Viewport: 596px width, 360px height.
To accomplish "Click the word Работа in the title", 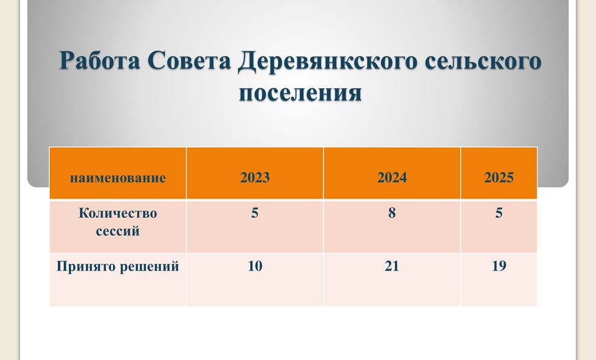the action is [x=99, y=61].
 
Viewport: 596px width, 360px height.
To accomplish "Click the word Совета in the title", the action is [x=189, y=61].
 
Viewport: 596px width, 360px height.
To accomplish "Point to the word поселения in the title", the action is [x=300, y=92].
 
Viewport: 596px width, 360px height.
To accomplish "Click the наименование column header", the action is [x=118, y=178].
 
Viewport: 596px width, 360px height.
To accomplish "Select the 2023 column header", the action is [x=255, y=178].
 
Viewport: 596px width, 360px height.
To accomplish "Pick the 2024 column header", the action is [x=392, y=178].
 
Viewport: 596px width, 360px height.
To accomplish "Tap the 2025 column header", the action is [x=499, y=178].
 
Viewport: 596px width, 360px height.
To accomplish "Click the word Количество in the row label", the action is [x=118, y=213].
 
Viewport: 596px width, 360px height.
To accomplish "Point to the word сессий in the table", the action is [x=118, y=231].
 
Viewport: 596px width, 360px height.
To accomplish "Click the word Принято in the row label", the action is [x=86, y=266].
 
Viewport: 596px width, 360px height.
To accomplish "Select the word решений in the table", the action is [x=150, y=266].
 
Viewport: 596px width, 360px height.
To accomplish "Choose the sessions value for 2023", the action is [x=255, y=213].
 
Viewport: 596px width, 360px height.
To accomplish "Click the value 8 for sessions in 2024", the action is [x=392, y=213].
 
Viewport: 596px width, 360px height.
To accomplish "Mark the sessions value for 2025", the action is [x=499, y=213].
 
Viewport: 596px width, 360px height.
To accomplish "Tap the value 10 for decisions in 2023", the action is [x=255, y=266].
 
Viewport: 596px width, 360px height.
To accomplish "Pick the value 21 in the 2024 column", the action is [x=392, y=266].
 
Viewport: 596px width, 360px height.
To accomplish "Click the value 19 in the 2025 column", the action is [x=499, y=266].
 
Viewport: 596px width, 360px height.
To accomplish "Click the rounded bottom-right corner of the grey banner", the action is [x=566, y=184].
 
